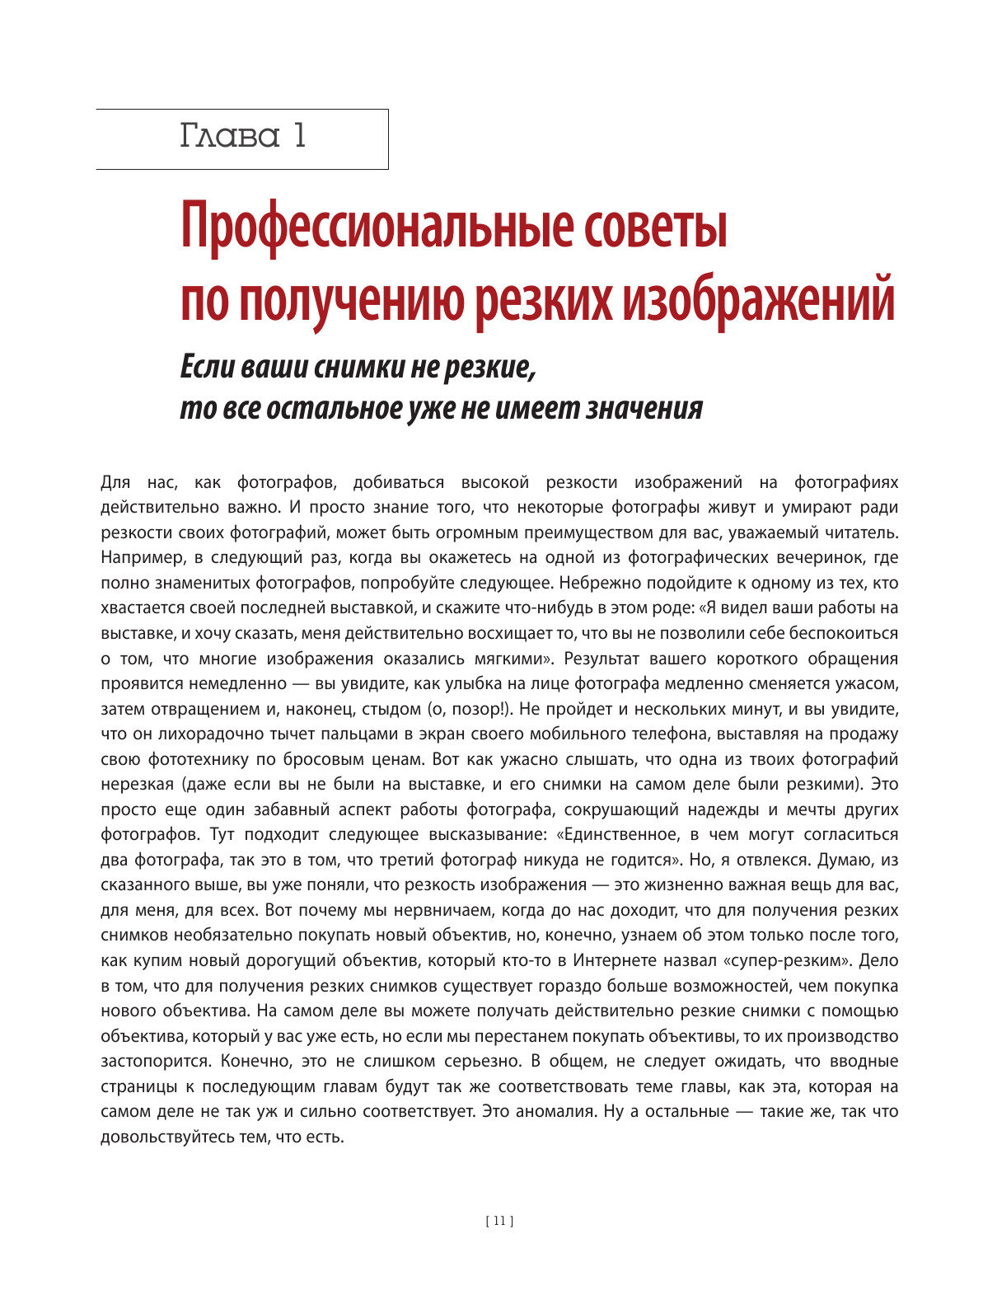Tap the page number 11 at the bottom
pos(500,1222)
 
